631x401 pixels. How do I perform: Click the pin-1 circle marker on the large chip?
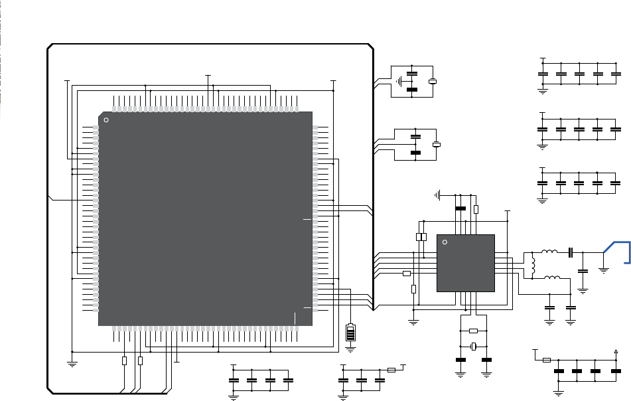(107, 120)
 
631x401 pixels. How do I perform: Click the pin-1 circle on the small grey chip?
(445, 242)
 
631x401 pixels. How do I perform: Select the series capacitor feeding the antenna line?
(570, 252)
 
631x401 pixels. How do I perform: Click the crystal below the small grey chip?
(474, 346)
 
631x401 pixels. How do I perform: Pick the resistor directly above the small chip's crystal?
(473, 331)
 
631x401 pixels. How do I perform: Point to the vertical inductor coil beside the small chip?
(532, 264)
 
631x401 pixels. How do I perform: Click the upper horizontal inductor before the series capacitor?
(549, 252)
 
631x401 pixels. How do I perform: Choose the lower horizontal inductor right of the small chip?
(551, 278)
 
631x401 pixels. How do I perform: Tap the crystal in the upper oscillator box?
(433, 82)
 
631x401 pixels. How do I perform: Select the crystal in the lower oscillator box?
(437, 145)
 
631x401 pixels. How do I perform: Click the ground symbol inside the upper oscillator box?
(399, 82)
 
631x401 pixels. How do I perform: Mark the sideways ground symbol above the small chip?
(437, 195)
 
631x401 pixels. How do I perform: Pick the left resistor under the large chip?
(124, 361)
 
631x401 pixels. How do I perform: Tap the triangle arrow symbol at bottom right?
(618, 351)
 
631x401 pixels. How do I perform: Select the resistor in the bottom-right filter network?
(546, 360)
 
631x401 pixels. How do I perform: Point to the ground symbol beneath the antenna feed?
(604, 269)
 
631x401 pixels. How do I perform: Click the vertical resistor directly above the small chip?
(476, 209)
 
